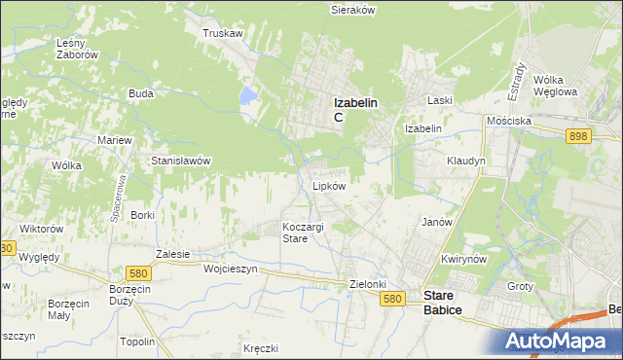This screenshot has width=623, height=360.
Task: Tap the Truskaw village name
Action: tap(222, 33)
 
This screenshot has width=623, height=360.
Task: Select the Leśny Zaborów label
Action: tap(78, 49)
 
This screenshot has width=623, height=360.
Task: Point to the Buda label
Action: tap(141, 94)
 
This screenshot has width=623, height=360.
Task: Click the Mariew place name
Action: tap(114, 140)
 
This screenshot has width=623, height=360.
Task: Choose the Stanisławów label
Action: tap(181, 161)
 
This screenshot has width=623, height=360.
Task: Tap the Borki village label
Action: tap(143, 214)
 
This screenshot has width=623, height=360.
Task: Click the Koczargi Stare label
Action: tap(303, 233)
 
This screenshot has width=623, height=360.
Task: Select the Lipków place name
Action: tap(329, 185)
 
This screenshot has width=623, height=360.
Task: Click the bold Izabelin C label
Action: tap(355, 108)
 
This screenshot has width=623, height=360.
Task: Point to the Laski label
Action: tap(441, 100)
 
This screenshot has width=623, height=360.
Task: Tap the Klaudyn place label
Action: tap(465, 161)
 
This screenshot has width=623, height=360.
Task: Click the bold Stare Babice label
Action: tap(443, 303)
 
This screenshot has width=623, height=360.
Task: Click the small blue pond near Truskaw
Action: tap(248, 96)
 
